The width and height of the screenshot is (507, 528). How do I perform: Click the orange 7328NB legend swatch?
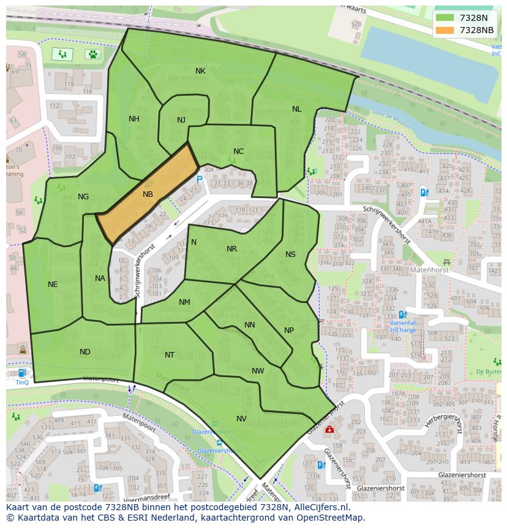pyautogui.click(x=445, y=30)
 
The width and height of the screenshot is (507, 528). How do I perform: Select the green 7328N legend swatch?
pyautogui.click(x=445, y=18)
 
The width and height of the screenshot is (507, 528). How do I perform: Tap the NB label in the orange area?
pyautogui.click(x=148, y=194)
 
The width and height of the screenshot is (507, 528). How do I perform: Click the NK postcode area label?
pyautogui.click(x=200, y=71)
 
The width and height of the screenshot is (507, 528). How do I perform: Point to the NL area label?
pyautogui.click(x=296, y=109)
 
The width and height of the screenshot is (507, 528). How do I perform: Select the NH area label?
pyautogui.click(x=134, y=119)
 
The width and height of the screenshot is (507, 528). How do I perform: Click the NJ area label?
pyautogui.click(x=181, y=120)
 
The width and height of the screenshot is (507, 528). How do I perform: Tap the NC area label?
pyautogui.click(x=239, y=151)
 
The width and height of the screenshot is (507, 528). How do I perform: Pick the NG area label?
pyautogui.click(x=83, y=197)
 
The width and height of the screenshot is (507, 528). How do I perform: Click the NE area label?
pyautogui.click(x=53, y=285)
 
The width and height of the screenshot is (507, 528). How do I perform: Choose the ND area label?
pyautogui.click(x=85, y=352)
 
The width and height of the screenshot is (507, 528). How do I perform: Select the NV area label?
pyautogui.click(x=241, y=419)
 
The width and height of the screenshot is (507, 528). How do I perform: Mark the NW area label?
pyautogui.click(x=258, y=371)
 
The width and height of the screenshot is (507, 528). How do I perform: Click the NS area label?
pyautogui.click(x=290, y=254)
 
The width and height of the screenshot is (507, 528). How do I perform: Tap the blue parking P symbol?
pyautogui.click(x=200, y=179)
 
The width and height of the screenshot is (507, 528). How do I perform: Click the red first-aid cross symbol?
pyautogui.click(x=329, y=430)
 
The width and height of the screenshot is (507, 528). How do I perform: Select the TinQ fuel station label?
pyautogui.click(x=22, y=382)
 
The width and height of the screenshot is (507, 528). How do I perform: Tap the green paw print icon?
pyautogui.click(x=92, y=54)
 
